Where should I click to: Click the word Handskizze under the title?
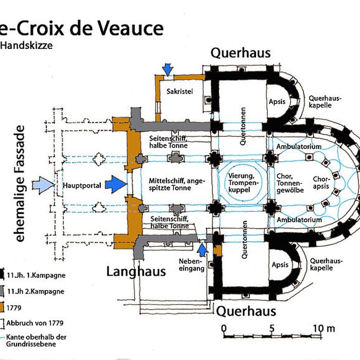coord(27,45)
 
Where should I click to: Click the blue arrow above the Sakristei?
coord(167,68)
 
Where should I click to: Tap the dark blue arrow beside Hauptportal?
coord(116,184)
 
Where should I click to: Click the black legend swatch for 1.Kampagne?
coord(3,275)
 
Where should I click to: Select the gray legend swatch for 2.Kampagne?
coord(3,291)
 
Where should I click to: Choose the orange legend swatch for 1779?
coord(3,308)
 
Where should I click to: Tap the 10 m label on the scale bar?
coord(323,328)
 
